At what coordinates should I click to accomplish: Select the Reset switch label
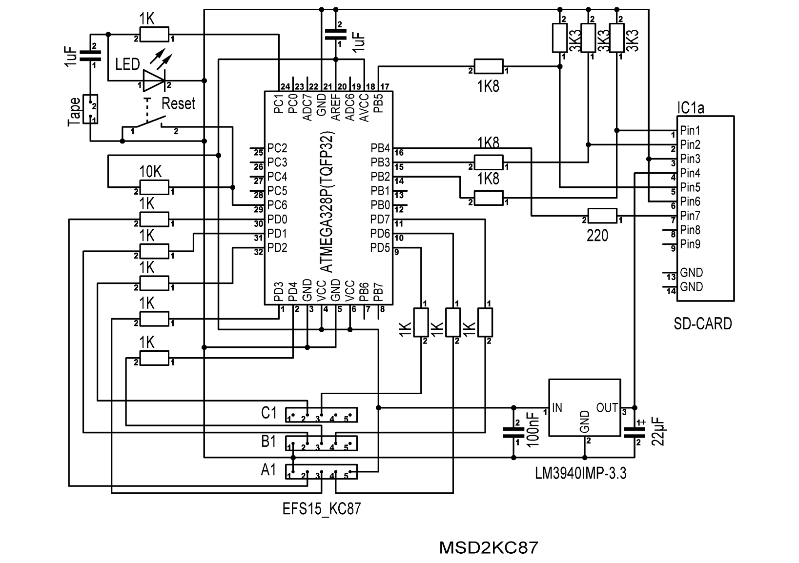(178, 103)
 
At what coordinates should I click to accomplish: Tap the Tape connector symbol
(90, 109)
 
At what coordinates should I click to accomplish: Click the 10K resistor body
(154, 187)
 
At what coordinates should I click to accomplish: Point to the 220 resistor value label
(597, 236)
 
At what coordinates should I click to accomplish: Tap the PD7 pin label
(380, 219)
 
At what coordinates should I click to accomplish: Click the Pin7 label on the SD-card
(690, 216)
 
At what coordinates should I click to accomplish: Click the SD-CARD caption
(703, 323)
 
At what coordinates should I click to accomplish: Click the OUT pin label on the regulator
(607, 408)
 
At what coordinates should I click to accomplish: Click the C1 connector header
(321, 415)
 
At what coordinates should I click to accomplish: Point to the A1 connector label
(268, 470)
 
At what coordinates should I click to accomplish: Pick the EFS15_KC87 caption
(322, 509)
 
